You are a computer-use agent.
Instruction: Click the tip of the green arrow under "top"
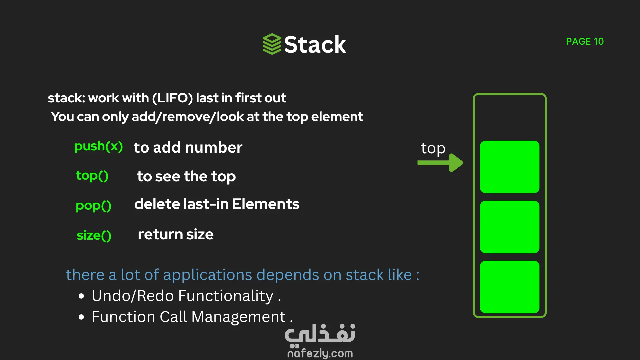[x=463, y=163]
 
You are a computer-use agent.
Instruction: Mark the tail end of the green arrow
[x=418, y=163]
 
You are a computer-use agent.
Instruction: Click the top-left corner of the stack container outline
[x=473, y=94]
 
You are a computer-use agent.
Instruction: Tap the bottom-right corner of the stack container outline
[x=546, y=317]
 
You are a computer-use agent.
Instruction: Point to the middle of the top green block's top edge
[x=510, y=141]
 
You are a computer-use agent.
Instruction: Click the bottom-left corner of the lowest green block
[x=480, y=313]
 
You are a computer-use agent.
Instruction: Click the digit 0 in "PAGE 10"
[x=599, y=41]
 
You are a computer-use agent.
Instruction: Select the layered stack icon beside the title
[x=272, y=44]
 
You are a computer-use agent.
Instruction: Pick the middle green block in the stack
[x=510, y=227]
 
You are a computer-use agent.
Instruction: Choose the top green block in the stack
[x=510, y=167]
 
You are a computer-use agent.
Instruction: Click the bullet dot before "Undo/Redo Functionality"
[x=81, y=296]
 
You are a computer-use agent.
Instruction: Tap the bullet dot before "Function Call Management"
[x=81, y=317]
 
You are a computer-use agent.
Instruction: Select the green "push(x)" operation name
[x=99, y=147]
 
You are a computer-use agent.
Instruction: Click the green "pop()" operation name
[x=94, y=206]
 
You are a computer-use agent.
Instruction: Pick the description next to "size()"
[x=176, y=234]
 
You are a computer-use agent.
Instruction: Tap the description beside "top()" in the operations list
[x=186, y=177]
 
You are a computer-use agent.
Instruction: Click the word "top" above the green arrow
[x=433, y=149]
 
